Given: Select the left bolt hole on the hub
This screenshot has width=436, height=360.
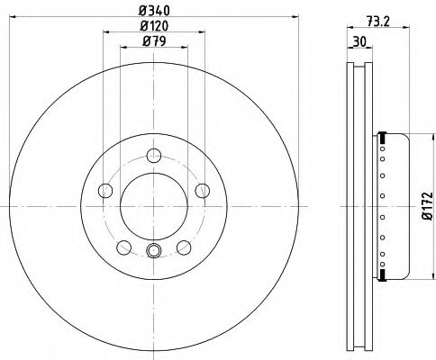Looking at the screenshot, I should pos(104,190).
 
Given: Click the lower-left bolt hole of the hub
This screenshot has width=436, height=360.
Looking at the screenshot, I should pos(123,247).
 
